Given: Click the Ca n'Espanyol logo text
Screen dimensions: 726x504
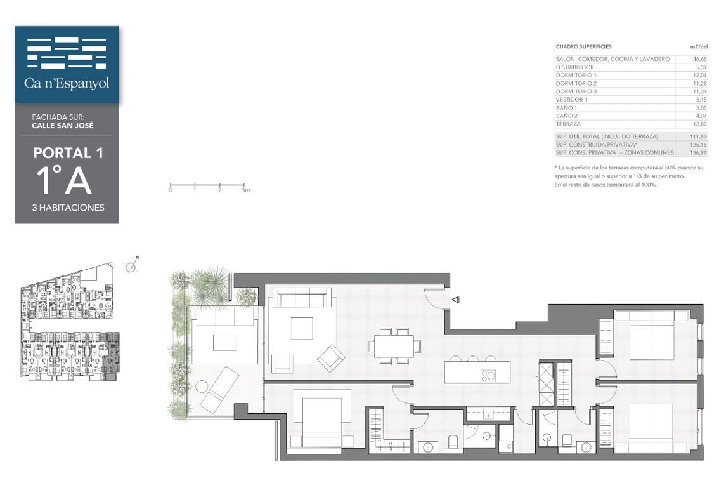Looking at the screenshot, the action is coord(67,83).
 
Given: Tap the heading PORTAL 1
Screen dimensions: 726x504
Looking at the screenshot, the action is coord(68,153).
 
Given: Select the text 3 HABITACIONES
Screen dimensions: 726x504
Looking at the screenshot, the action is coord(68,208).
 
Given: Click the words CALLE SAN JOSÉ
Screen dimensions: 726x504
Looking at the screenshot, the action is coord(63,126).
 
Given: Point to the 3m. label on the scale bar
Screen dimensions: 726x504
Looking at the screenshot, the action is coord(246,190).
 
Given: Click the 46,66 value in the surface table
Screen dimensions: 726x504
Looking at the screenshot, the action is coord(699,59).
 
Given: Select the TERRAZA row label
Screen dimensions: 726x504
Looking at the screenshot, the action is coord(568,124).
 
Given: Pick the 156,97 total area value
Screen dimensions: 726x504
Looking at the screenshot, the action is coord(698,152).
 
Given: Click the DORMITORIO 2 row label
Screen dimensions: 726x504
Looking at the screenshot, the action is coord(576,83).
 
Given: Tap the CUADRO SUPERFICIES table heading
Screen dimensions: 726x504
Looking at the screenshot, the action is coord(583,47).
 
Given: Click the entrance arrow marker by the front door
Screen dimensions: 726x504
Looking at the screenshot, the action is coord(455,300).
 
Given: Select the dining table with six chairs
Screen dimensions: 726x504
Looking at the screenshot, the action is coord(395,346).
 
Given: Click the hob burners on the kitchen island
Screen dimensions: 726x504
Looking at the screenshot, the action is coord(488,375).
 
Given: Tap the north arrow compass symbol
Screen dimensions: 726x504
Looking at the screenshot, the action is coord(131,266).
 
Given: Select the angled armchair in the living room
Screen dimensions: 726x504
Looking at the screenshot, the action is coord(331,358).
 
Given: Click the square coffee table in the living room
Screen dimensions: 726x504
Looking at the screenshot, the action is coord(301,328).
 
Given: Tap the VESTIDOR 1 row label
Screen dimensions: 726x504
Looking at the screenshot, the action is coord(571,100).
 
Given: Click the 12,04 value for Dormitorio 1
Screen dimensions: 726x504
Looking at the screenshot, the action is coord(699,75).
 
